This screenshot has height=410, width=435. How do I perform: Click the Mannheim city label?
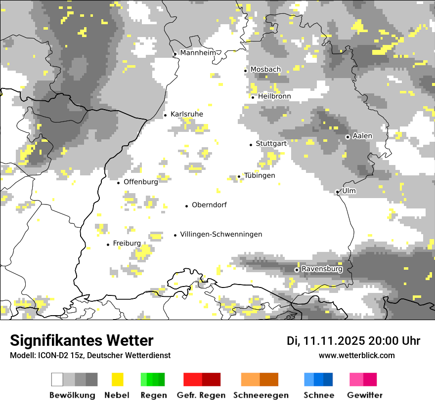pos(198,53)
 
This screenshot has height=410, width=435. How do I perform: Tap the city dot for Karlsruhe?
pos(166,115)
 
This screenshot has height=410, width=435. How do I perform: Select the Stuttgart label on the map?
pos(271,144)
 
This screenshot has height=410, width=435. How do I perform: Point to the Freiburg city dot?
pos(108,245)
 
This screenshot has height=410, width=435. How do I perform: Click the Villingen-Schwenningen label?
pos(221,235)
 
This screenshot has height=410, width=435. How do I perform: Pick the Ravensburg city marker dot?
pos(297,270)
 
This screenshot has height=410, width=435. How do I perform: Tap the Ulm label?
pos(348,191)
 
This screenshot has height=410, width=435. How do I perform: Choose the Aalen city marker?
pos(348,137)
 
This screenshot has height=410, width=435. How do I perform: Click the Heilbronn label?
pos(274,96)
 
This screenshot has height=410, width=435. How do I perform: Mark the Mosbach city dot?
pos(245,71)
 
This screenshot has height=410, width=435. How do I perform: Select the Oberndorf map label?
pos(209,205)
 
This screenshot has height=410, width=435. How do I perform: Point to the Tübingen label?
pos(260,176)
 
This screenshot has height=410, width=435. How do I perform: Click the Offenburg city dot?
pos(119,183)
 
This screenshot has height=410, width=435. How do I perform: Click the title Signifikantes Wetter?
pos(82,341)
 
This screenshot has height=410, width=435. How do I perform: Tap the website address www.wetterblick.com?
pos(356,356)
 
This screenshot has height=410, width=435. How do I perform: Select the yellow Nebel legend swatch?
pos(117,379)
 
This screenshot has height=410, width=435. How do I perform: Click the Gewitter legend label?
pos(365,395)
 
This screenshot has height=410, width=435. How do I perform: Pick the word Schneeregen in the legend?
pos(261,395)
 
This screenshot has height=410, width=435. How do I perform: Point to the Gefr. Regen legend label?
pos(201,395)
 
